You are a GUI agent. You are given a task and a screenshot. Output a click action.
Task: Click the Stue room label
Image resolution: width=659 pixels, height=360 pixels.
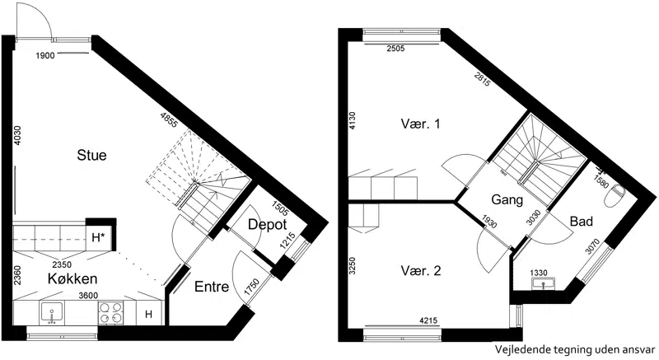[x=91, y=155]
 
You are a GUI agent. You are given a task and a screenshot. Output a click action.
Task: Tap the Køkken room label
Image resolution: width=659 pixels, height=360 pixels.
[x=72, y=278]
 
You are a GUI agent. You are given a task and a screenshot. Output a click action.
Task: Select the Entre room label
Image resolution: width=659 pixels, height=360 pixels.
[x=212, y=287]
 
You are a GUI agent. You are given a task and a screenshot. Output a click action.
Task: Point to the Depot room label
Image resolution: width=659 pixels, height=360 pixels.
[x=267, y=225]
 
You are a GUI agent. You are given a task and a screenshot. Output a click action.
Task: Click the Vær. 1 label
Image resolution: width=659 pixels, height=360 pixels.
[x=420, y=124]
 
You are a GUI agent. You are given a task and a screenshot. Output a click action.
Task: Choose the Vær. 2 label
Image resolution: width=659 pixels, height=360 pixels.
[x=421, y=270]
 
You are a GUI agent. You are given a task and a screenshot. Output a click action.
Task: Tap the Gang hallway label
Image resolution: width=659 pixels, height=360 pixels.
[x=507, y=200]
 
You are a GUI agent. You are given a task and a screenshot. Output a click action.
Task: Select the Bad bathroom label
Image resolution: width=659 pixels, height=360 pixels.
[x=582, y=221]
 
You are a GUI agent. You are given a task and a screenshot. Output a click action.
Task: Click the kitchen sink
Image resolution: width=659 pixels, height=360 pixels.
[x=52, y=313]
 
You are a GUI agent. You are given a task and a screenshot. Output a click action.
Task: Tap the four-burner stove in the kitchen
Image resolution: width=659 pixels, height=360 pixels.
[x=111, y=313]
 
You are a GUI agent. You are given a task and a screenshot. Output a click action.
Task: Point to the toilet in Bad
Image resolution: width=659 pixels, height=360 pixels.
[x=615, y=195]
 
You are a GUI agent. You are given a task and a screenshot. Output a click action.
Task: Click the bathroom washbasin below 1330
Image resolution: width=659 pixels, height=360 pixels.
[x=544, y=284]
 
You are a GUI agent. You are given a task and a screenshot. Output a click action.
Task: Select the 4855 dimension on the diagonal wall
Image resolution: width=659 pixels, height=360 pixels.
[x=169, y=119]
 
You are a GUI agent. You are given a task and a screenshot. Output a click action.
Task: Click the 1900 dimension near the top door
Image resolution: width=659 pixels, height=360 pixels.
[x=45, y=55]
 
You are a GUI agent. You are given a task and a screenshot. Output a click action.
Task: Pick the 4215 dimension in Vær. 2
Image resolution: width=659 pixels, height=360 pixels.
[x=428, y=321]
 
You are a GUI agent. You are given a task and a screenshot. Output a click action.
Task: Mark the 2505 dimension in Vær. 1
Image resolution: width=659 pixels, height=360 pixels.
[x=395, y=49]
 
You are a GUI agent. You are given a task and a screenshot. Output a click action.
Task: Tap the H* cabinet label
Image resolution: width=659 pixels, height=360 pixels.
[x=98, y=238]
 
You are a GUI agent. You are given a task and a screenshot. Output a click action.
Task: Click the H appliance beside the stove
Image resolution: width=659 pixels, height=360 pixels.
[x=148, y=314]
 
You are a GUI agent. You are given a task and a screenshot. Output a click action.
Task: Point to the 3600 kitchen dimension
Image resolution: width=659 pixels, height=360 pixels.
[x=88, y=296]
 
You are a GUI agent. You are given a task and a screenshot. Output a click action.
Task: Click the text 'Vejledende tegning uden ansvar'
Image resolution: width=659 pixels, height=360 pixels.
[x=574, y=349]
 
